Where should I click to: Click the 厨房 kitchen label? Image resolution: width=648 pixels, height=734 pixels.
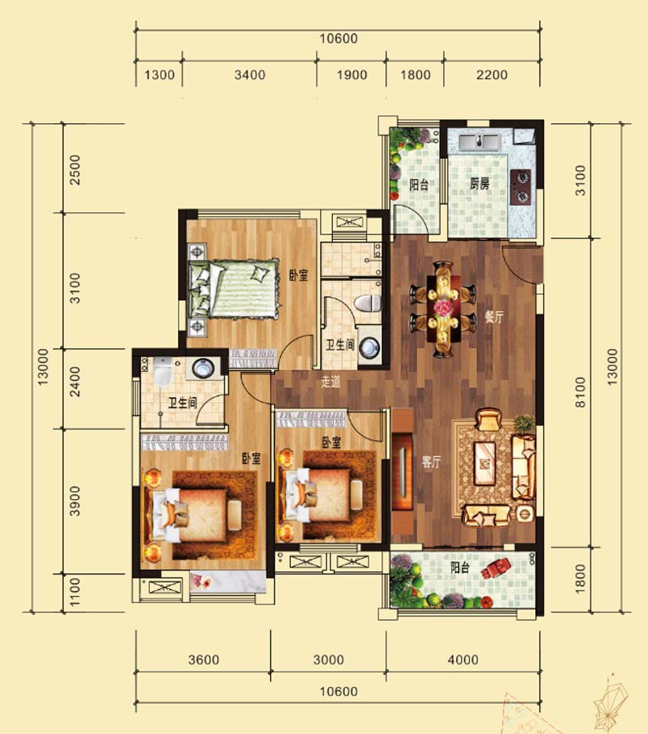coord(479,184)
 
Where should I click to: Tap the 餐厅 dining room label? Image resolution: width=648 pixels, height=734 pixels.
coord(493,317)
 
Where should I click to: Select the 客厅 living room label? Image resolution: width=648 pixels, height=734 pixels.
coord(431,462)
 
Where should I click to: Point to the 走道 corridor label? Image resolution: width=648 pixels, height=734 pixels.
coord(330,382)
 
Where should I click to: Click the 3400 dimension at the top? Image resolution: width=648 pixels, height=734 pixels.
coord(249,75)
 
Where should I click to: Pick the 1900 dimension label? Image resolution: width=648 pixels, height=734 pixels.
coord(352,75)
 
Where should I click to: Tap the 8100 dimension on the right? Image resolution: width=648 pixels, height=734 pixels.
coord(580,392)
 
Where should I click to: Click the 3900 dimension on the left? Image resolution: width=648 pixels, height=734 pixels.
coord(75,501)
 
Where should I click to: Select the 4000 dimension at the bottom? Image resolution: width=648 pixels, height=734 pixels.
coord(463,660)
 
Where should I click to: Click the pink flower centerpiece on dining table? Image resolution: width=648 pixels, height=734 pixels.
coord(441,308)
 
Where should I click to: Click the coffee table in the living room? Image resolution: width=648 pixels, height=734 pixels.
coord(484,463)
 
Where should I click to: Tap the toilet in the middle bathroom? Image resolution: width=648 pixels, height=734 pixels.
coord(368,303)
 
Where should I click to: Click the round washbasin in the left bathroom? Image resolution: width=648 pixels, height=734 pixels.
coord(202,367)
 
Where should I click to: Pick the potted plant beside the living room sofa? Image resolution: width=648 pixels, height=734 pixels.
coord(524,425)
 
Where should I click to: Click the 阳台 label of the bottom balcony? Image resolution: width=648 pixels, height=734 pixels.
coord(459,567)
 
